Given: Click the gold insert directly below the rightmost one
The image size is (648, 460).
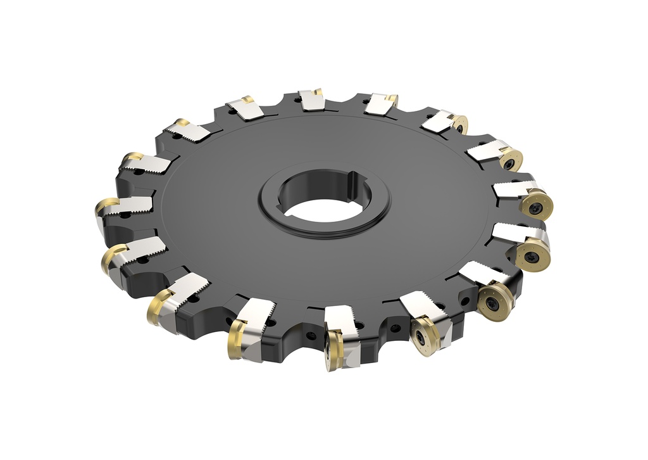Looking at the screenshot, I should click(532, 255).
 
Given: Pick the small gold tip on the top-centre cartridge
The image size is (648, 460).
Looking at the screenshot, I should click(318, 93).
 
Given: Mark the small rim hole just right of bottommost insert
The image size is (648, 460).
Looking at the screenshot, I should click(394, 329).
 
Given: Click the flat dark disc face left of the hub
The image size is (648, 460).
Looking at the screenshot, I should click(209, 209).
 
